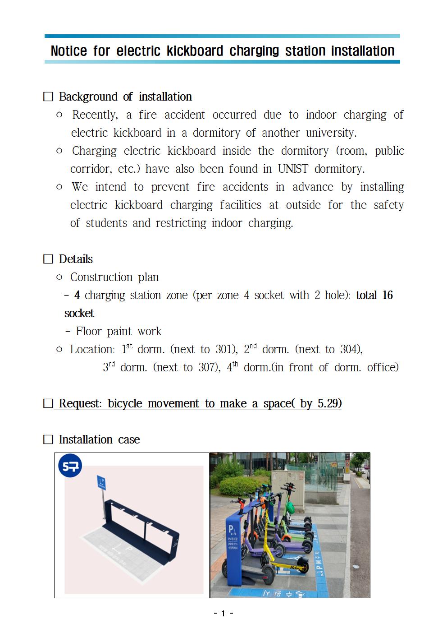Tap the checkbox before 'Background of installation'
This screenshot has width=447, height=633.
(48, 97)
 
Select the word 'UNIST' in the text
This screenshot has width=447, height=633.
(293, 169)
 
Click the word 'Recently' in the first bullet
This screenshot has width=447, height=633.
(95, 115)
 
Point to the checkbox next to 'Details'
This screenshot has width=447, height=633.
(48, 259)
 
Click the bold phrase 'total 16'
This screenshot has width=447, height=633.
(374, 296)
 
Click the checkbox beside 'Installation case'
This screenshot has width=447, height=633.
(48, 440)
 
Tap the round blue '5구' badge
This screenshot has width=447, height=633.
(70, 467)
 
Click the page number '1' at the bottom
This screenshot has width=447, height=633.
(223, 614)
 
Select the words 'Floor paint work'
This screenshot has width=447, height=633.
(119, 332)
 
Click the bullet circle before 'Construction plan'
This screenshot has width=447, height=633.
(59, 277)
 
